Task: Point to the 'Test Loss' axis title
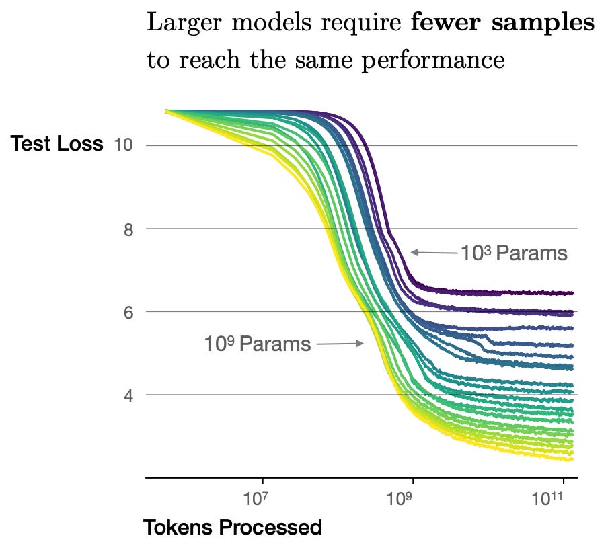point(56,145)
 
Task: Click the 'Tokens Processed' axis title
point(233,528)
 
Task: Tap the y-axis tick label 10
point(124,145)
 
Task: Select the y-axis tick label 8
point(128,229)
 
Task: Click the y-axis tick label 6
point(128,312)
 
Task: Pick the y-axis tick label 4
point(128,395)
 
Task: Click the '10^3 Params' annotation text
point(514,253)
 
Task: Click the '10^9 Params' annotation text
point(258,344)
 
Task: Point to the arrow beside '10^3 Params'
point(434,253)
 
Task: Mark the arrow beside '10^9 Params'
point(340,344)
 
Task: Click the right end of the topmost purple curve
point(572,293)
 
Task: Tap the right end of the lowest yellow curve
point(572,460)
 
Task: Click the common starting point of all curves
point(166,110)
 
